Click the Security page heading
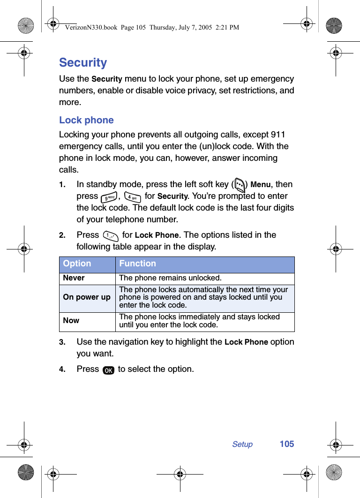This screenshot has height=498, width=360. pyautogui.click(x=83, y=62)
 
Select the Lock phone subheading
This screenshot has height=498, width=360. pyautogui.click(x=86, y=120)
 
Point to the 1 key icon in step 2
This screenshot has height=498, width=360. pyautogui.click(x=111, y=235)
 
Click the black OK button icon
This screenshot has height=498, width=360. pyautogui.click(x=108, y=370)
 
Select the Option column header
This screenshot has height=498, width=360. pyautogui.click(x=77, y=264)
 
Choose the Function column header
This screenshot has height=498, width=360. pyautogui.click(x=137, y=264)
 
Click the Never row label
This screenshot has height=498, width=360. pyautogui.click(x=74, y=278)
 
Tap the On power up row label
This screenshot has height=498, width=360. pyautogui.click(x=87, y=297)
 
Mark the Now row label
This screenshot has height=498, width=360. pyautogui.click(x=71, y=321)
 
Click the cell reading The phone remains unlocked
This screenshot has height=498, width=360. pyautogui.click(x=170, y=278)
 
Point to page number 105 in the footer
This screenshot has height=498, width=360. pyautogui.click(x=287, y=444)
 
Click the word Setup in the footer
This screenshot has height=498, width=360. pyautogui.click(x=242, y=444)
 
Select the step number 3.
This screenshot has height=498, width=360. pyautogui.click(x=61, y=343)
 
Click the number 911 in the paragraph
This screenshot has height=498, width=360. pyautogui.click(x=278, y=135)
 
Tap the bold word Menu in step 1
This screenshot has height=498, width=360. pyautogui.click(x=261, y=185)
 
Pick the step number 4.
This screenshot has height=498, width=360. pyautogui.click(x=61, y=370)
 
